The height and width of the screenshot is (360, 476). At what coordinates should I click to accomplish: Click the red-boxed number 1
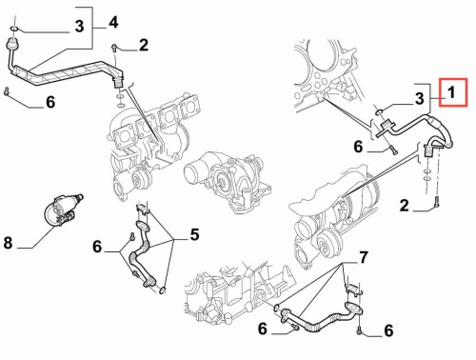point(450,92)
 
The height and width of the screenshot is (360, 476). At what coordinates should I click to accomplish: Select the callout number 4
point(113,22)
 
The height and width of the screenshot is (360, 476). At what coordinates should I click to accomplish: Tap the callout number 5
point(194,234)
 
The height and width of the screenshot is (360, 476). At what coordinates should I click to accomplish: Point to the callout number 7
point(363,257)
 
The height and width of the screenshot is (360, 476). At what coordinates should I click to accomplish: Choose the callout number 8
point(8,243)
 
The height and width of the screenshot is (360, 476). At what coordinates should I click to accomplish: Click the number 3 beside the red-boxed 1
point(420,99)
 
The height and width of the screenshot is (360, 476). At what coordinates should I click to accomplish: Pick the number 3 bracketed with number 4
point(79,26)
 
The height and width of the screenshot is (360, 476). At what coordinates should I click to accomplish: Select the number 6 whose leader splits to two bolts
point(97,247)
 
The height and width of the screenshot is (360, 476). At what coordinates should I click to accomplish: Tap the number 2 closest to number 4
point(144,45)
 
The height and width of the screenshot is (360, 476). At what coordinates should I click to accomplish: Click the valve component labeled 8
point(63,210)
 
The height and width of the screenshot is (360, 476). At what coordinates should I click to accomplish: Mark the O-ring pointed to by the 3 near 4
point(13,30)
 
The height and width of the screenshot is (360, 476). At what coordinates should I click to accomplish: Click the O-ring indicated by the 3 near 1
point(379,111)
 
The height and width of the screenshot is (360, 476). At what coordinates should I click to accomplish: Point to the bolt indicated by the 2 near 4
point(114,49)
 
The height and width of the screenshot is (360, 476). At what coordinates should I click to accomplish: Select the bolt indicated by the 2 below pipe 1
point(437,202)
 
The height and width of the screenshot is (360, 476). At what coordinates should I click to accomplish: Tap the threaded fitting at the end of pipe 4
point(118,83)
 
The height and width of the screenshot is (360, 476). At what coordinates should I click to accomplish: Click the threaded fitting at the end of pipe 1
point(428,150)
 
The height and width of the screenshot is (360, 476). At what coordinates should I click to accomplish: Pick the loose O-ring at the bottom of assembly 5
point(163,290)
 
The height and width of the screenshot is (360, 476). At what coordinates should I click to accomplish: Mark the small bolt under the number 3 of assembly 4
point(7,91)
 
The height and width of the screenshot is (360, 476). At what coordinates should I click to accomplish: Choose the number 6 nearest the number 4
point(50,102)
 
